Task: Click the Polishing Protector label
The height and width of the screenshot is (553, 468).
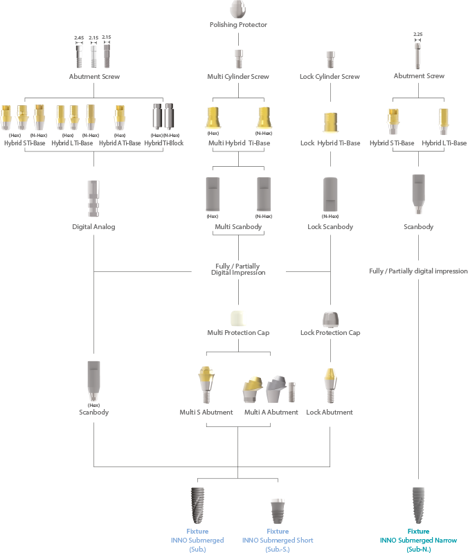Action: pyautogui.click(x=238, y=25)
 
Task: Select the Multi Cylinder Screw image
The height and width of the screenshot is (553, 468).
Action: pyautogui.click(x=238, y=58)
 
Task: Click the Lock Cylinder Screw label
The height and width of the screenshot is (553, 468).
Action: pyautogui.click(x=330, y=77)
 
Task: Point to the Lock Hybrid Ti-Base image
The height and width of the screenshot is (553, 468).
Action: pyautogui.click(x=330, y=123)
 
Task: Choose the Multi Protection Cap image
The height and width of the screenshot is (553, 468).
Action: pyautogui.click(x=238, y=318)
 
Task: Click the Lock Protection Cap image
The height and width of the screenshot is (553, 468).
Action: pyautogui.click(x=330, y=318)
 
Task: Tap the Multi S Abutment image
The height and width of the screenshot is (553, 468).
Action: pyautogui.click(x=207, y=385)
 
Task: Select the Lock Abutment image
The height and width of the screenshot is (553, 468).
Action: pyautogui.click(x=330, y=385)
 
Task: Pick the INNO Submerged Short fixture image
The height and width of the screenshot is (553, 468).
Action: pyautogui.click(x=278, y=511)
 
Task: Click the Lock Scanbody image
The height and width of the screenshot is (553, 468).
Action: pyautogui.click(x=330, y=195)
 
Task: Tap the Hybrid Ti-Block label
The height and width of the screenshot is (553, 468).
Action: pyautogui.click(x=164, y=143)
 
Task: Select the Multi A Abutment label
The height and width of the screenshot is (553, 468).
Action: pyautogui.click(x=271, y=413)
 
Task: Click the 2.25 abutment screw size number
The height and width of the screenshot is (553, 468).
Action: pyautogui.click(x=417, y=34)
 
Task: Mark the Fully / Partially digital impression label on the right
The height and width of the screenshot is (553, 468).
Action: pyautogui.click(x=418, y=271)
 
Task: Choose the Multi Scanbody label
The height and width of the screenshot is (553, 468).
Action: pyautogui.click(x=238, y=227)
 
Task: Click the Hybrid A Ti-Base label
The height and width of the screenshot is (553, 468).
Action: pyautogui.click(x=120, y=143)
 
